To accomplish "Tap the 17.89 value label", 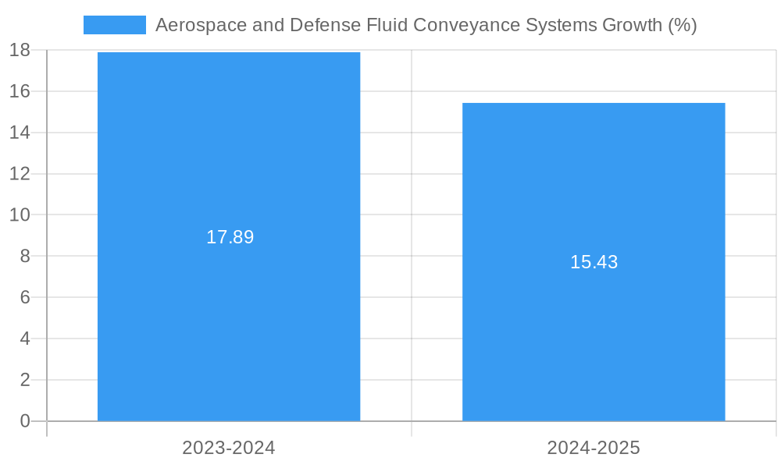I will click(230, 237).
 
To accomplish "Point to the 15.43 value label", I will click(594, 262).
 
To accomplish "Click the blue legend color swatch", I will click(114, 25).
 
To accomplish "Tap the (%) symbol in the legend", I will click(682, 25).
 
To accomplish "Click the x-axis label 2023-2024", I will click(229, 448).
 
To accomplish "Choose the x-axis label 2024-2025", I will click(594, 448).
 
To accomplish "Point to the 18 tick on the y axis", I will click(20, 51).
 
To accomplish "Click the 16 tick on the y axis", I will click(20, 91).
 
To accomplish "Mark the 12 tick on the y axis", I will click(20, 174).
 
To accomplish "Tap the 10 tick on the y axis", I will click(20, 215).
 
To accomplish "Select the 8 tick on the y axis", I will click(24, 257).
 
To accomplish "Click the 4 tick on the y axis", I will click(24, 339).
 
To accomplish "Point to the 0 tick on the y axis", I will click(24, 421).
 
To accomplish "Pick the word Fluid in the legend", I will click(387, 25).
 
